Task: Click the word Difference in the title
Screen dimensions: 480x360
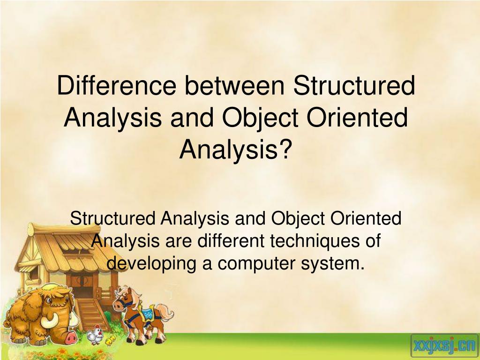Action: tap(117, 85)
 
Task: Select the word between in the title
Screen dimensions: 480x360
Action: tap(234, 85)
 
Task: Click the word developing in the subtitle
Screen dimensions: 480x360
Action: tap(151, 263)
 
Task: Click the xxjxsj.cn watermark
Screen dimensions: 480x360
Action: tap(444, 346)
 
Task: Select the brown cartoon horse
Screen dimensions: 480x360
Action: tap(142, 315)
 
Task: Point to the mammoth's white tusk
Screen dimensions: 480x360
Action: tap(50, 321)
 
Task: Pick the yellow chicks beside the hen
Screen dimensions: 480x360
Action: tap(111, 339)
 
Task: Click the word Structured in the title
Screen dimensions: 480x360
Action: tap(354, 85)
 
